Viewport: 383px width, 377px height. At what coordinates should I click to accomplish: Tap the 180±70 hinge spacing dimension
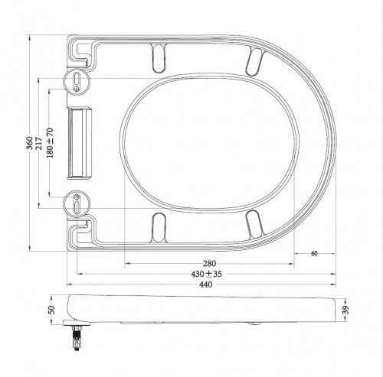(51, 142)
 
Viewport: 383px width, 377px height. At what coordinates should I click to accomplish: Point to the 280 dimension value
(208, 264)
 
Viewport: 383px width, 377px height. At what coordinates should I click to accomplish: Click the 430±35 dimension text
(208, 274)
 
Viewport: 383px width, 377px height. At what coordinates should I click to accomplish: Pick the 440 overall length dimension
(208, 284)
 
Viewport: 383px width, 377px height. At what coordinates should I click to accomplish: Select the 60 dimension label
(314, 254)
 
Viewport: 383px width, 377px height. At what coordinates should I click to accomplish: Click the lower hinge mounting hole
(79, 204)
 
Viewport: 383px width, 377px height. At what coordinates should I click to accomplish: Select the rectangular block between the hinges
(80, 142)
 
